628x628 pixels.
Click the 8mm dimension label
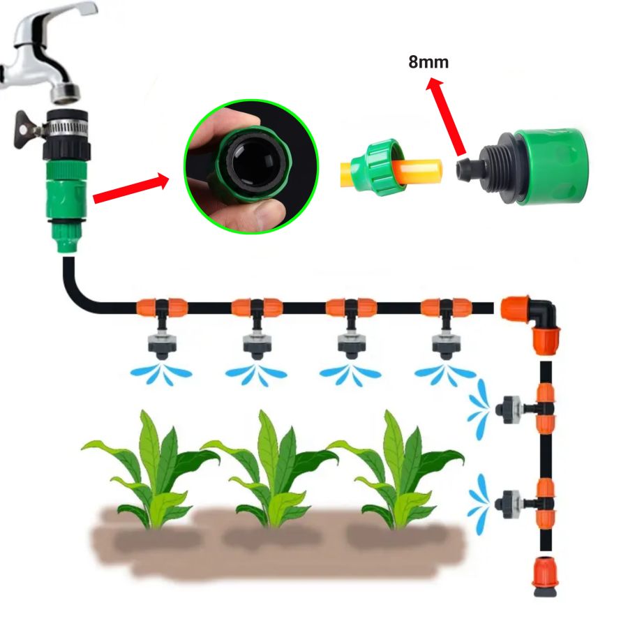[x=428, y=63]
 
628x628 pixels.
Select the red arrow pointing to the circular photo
[x=131, y=188]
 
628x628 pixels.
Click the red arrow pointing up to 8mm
[x=445, y=116]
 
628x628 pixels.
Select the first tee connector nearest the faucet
[x=162, y=308]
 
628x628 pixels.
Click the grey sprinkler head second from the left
[x=256, y=345]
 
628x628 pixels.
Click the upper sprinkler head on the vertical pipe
[x=509, y=410]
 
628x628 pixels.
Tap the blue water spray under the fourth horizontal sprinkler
[x=444, y=375]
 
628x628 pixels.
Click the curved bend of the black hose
[x=76, y=292]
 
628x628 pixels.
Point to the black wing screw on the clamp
[x=24, y=129]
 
